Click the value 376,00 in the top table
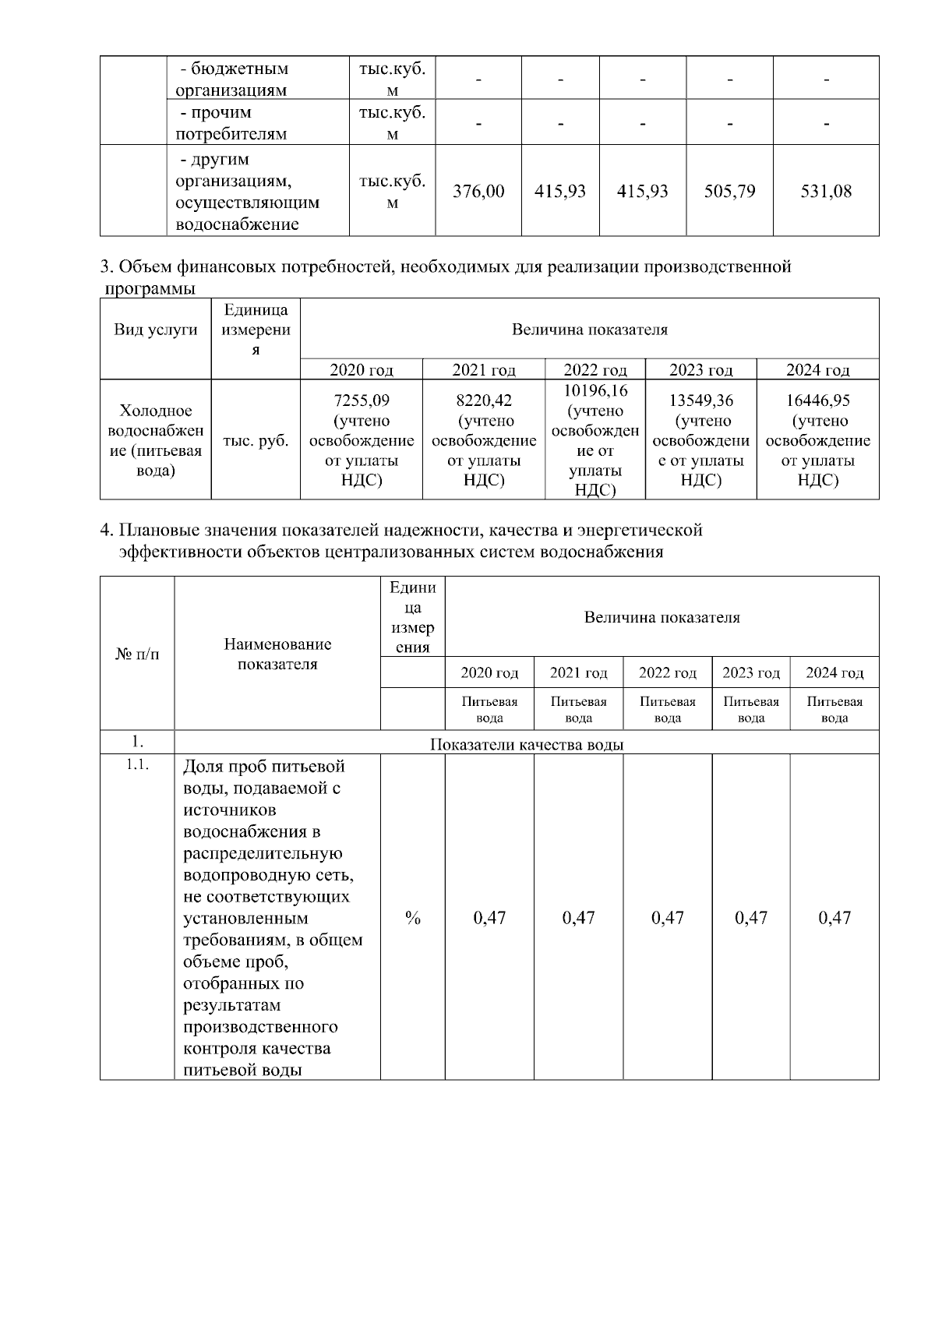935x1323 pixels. (x=478, y=191)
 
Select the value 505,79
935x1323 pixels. (x=729, y=191)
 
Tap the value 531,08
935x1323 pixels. (x=826, y=191)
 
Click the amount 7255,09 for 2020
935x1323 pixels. (x=362, y=400)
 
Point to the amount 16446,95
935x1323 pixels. (x=818, y=400)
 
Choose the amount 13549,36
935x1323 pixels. (x=701, y=400)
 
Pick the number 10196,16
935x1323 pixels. (x=595, y=390)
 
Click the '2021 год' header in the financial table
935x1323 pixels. (x=484, y=369)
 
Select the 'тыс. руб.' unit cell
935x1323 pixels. (x=256, y=440)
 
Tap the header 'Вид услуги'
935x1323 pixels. (x=156, y=329)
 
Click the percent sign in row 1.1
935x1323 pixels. (x=413, y=918)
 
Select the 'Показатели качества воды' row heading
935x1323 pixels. (x=527, y=744)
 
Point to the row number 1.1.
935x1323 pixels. (x=137, y=765)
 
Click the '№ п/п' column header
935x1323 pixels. (x=137, y=654)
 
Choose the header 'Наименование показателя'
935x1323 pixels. (x=277, y=654)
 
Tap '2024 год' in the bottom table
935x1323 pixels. (x=834, y=672)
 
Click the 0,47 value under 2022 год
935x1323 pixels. (x=668, y=918)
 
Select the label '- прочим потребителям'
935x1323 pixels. (x=231, y=123)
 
